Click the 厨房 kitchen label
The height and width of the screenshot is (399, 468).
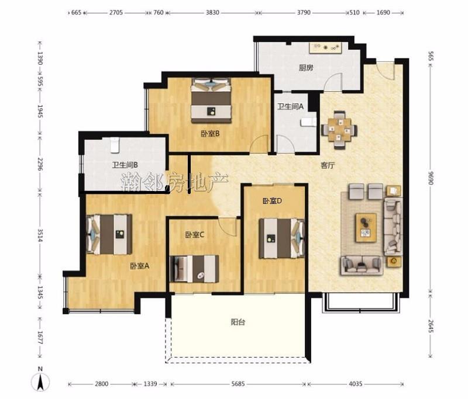tap(306, 68)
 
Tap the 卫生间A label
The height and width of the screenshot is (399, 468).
tap(290, 106)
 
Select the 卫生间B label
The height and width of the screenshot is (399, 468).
tap(125, 165)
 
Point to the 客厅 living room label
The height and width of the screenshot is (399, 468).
tap(328, 165)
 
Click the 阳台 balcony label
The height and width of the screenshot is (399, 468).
tap(238, 322)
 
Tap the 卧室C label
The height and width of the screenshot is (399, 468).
tap(195, 235)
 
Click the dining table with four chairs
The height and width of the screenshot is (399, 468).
tap(339, 130)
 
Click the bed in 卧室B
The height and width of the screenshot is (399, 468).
tap(211, 100)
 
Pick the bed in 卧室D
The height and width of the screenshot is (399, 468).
tap(281, 238)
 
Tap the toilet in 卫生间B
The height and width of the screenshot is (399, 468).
tap(114, 145)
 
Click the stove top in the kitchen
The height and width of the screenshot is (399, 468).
tap(325, 48)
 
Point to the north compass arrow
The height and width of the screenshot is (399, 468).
tap(40, 381)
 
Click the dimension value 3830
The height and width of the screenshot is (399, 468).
tap(212, 12)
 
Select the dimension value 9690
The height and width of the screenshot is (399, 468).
tap(430, 178)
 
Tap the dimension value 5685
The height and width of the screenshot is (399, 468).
tap(238, 384)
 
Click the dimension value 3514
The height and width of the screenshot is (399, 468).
tap(40, 235)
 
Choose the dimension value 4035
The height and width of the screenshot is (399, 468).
tap(355, 384)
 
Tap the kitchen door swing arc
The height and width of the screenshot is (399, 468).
tap(333, 82)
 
